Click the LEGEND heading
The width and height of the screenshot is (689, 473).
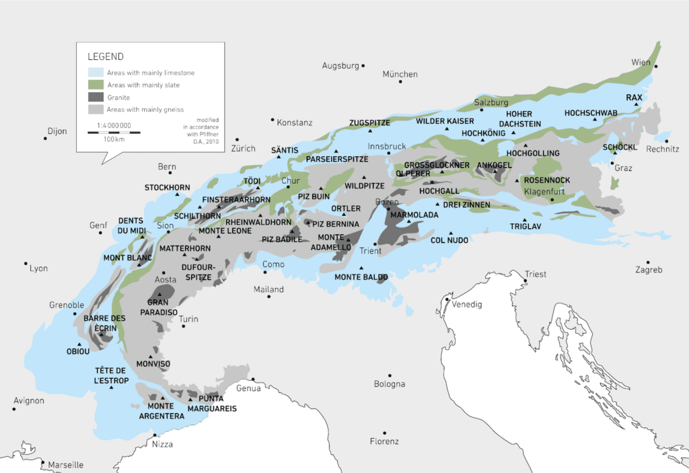pos(106,57)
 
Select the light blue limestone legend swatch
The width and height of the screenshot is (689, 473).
pos(96,73)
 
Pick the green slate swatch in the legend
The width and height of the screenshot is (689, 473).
pos(96,85)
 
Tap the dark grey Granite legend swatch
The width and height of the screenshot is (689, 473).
pos(96,98)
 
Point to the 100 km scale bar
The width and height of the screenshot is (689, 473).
pos(114,133)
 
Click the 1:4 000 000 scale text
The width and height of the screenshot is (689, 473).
pos(114,125)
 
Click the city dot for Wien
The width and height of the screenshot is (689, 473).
pos(656,66)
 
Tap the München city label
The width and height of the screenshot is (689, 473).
pos(400,74)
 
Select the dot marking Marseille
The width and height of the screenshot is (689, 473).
pos(42,462)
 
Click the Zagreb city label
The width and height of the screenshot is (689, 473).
pos(649,270)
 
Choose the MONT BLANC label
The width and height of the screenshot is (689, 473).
pos(127,258)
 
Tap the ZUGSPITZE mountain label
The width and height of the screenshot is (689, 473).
pos(369,122)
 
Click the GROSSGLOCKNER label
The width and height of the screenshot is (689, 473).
pos(437,165)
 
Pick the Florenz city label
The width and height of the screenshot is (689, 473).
pos(384,441)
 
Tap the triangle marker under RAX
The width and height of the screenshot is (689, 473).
pos(635,104)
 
